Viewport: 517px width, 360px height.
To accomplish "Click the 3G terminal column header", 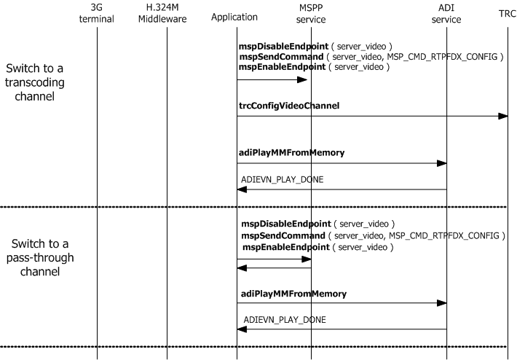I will pyautogui.click(x=96, y=13).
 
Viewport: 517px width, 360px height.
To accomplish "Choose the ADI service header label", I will pyautogui.click(x=446, y=13).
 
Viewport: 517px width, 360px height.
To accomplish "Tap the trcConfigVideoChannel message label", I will pyautogui.click(x=289, y=106).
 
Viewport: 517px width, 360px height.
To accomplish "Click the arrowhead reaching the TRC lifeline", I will pyautogui.click(x=503, y=117).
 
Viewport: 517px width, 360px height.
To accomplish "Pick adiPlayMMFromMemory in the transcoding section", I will pyautogui.click(x=291, y=153).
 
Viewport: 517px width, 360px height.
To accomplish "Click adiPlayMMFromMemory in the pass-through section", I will pyautogui.click(x=293, y=294).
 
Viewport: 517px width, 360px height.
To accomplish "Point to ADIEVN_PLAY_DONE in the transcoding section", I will pyautogui.click(x=283, y=179).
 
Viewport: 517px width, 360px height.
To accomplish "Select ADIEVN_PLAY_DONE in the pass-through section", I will pyautogui.click(x=285, y=319).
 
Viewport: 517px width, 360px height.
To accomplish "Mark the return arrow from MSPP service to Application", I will pyautogui.click(x=274, y=268).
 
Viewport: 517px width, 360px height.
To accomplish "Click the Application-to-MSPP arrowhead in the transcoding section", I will pyautogui.click(x=302, y=80).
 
